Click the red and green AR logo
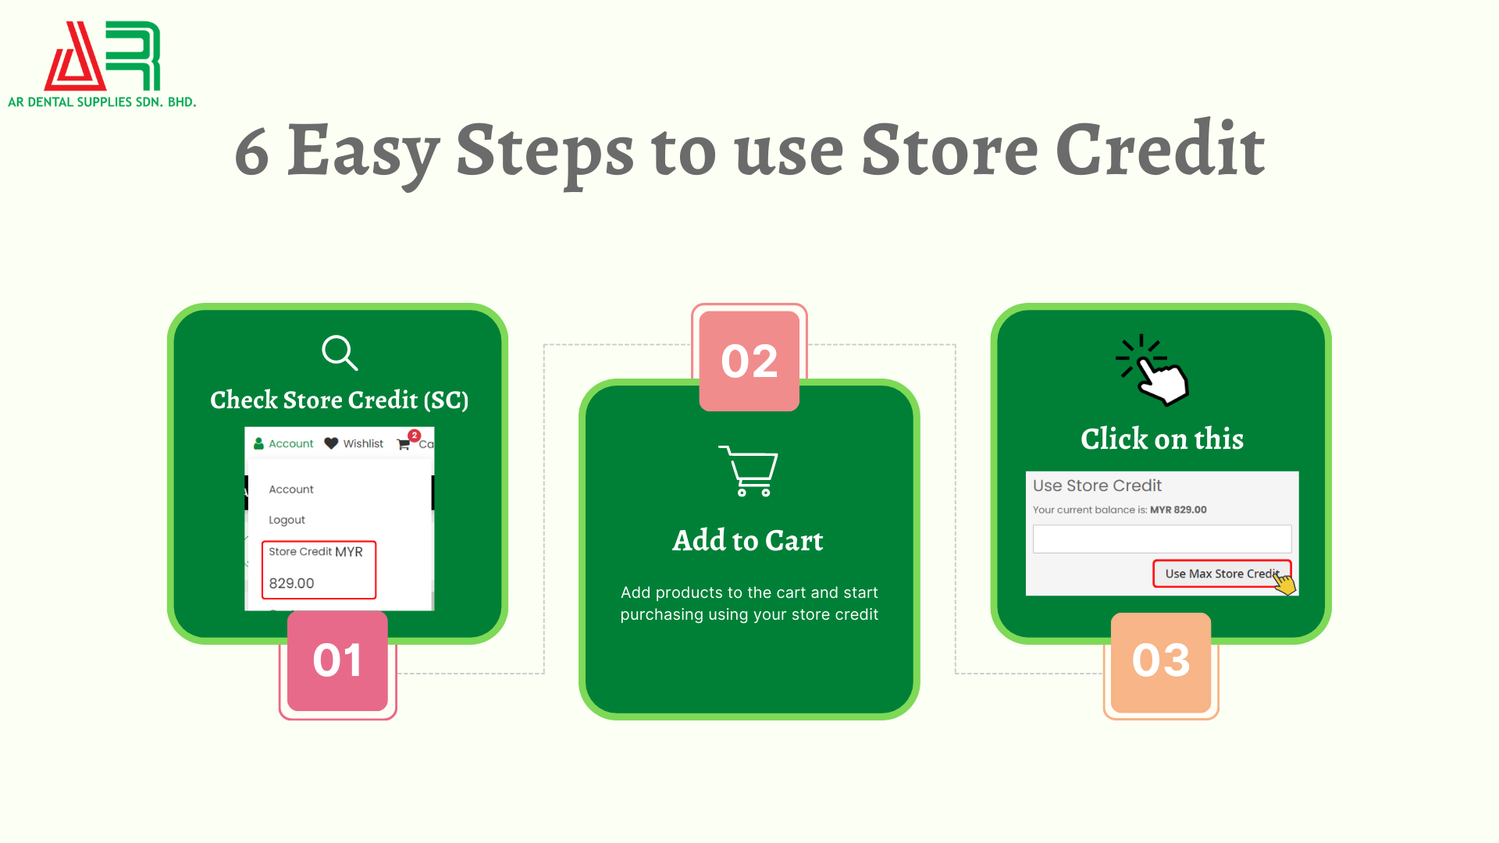point(102,55)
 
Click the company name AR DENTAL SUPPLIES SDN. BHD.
point(102,102)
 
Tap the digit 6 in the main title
point(252,151)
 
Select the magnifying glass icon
point(340,353)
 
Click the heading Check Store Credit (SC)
point(339,400)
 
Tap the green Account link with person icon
point(283,443)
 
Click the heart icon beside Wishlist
point(331,443)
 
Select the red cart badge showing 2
point(414,436)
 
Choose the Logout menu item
point(287,520)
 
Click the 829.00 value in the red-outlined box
point(291,583)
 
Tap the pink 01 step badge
point(337,660)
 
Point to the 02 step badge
point(749,361)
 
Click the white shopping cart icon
point(749,471)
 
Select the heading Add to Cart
point(748,540)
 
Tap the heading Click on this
point(1162,439)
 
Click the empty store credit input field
point(1162,539)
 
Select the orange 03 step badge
point(1161,662)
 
